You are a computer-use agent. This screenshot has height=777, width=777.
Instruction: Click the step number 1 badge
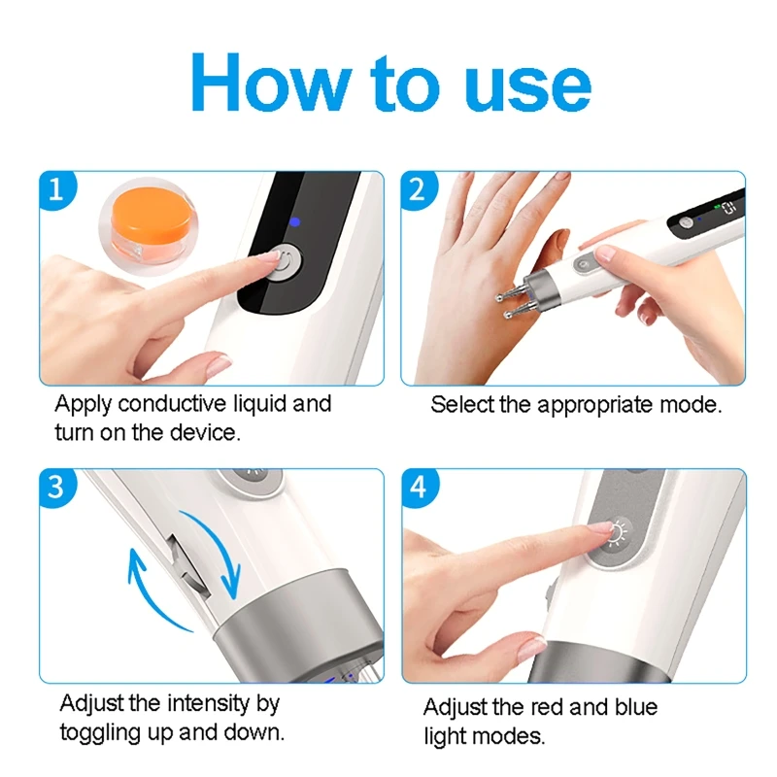point(57,188)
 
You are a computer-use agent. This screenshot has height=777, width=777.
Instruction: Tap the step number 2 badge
point(418,188)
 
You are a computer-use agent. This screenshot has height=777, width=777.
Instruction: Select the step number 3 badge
point(57,487)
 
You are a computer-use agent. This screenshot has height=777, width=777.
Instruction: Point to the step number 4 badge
point(419,487)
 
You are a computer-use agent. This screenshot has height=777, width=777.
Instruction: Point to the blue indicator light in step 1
point(295,222)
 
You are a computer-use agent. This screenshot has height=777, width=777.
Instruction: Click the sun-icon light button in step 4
point(617,533)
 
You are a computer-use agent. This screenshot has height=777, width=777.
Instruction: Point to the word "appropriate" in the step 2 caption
point(596,406)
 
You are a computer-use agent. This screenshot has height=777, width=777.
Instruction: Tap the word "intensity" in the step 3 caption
point(209,703)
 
